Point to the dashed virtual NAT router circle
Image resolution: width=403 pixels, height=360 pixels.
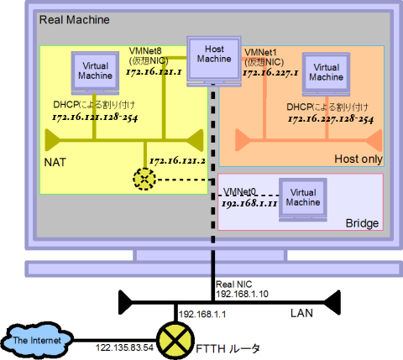pos(145,178)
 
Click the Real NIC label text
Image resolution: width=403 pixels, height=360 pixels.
pos(239,284)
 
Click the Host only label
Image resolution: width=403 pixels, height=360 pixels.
pos(358,158)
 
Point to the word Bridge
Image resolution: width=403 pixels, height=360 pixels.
pos(362,224)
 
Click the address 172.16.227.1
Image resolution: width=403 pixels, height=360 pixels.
pos(270,73)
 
